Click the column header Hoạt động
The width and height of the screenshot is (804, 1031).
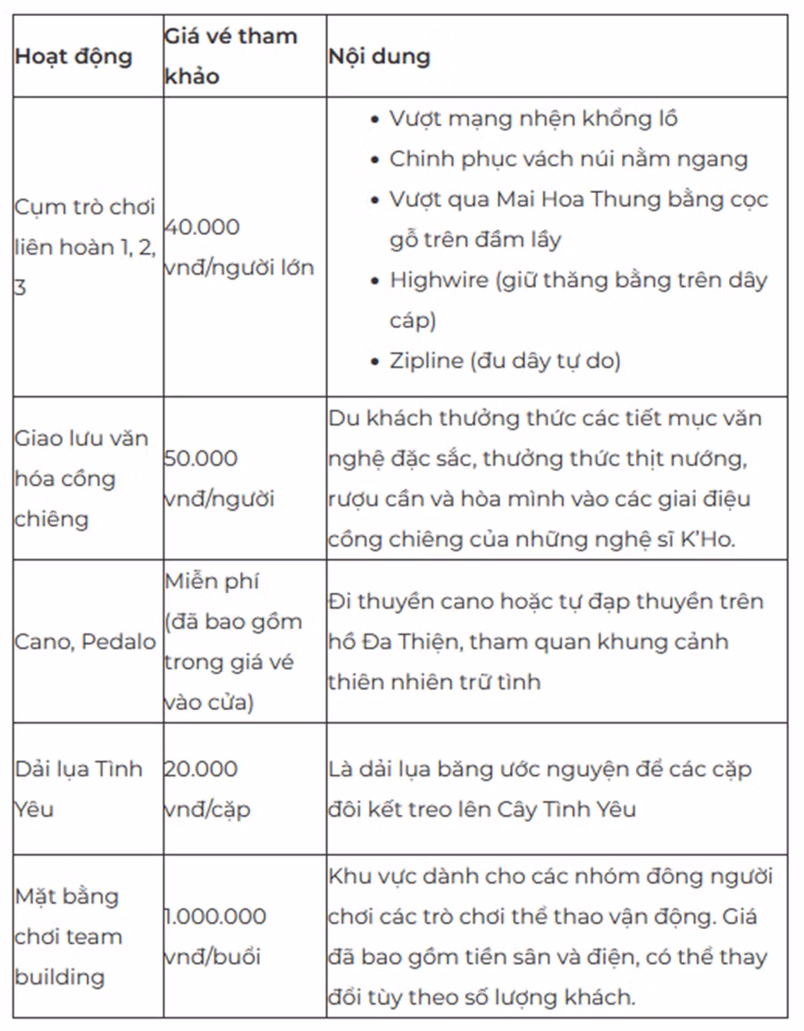(x=73, y=56)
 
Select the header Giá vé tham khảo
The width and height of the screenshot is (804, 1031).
(x=230, y=56)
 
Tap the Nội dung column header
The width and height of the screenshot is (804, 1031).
(x=378, y=56)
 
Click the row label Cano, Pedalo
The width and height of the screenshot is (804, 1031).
(x=85, y=641)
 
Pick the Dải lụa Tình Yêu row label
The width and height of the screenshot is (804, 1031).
(x=79, y=789)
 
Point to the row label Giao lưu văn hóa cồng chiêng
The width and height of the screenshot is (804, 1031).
(x=81, y=478)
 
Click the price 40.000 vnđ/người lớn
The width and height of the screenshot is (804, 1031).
(x=239, y=247)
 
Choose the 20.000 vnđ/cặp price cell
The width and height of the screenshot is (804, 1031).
(x=206, y=789)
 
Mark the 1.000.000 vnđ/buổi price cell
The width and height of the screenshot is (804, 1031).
(x=215, y=935)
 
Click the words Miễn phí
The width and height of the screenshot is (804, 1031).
(x=212, y=581)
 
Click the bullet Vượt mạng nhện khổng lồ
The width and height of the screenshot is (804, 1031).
(x=533, y=119)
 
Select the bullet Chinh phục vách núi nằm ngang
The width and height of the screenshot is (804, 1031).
(x=568, y=159)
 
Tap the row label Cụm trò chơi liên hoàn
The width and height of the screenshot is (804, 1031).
(x=85, y=247)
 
